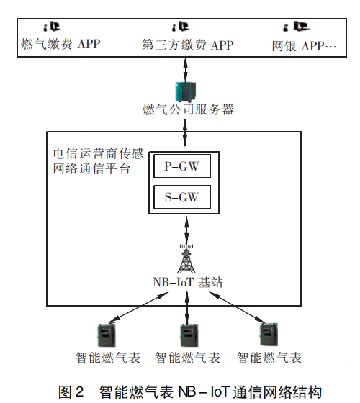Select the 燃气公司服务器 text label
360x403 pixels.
coord(188,110)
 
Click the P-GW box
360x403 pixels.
coord(182,166)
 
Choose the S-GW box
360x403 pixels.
coord(182,196)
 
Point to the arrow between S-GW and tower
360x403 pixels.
coord(187,230)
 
